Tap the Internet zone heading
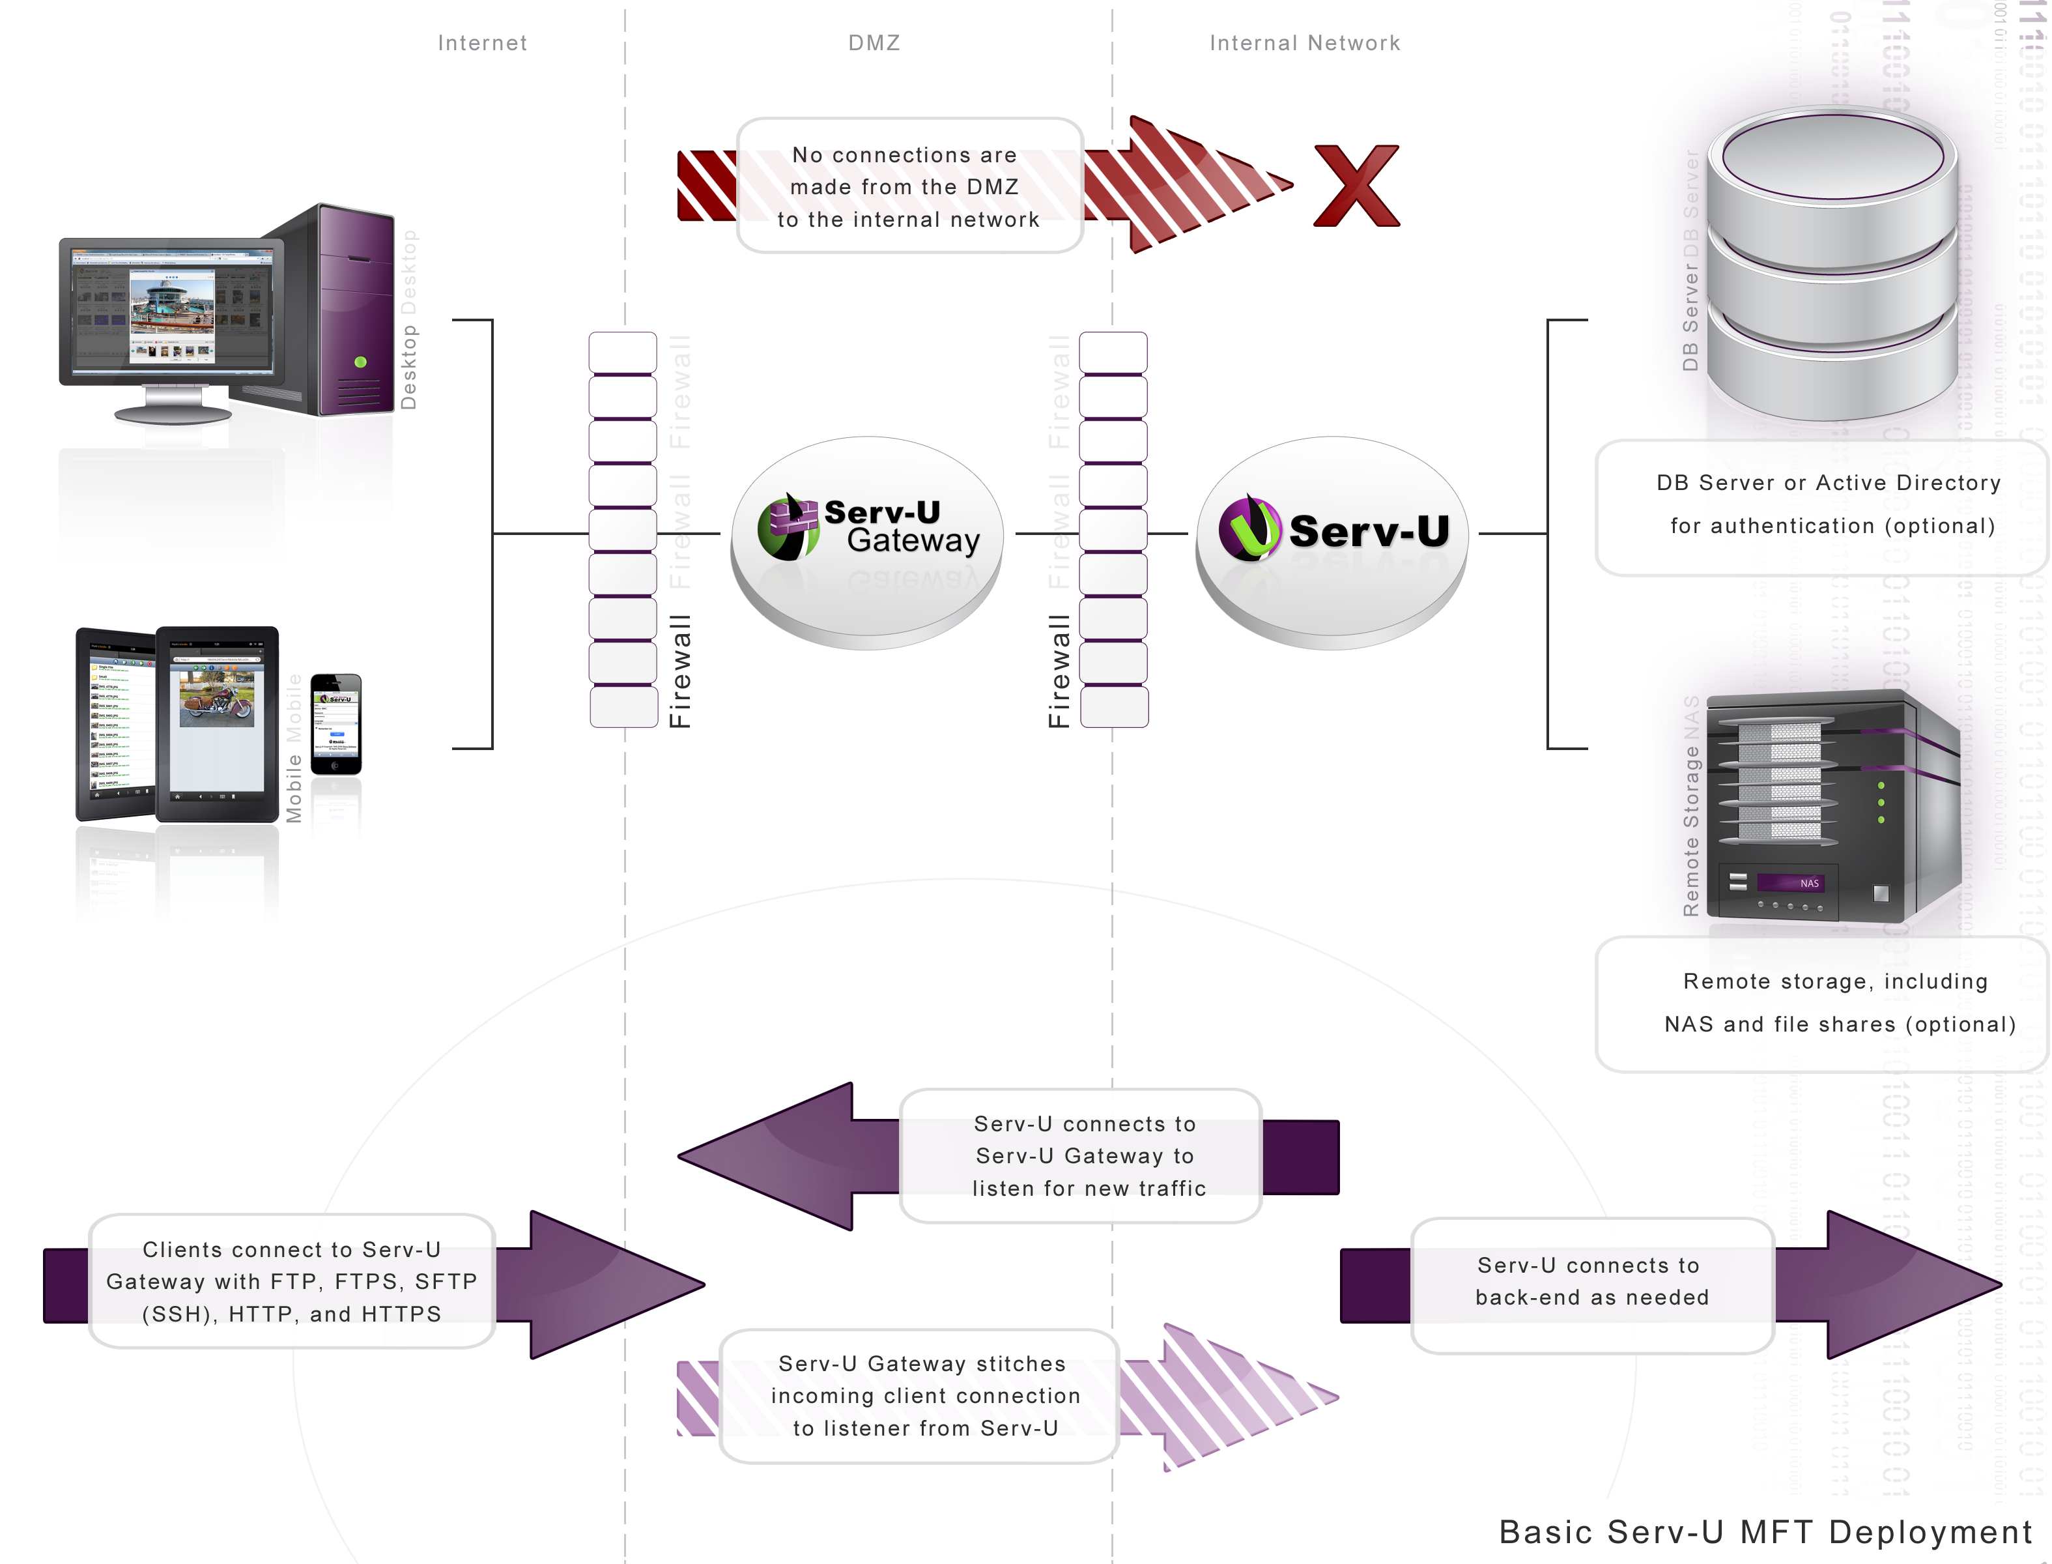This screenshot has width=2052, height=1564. click(482, 43)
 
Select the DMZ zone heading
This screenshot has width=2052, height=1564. click(874, 43)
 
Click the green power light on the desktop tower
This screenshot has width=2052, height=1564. click(361, 362)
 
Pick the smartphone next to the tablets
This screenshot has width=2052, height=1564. click(336, 723)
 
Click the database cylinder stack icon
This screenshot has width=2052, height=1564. click(1832, 265)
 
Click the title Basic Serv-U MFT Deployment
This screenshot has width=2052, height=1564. click(1765, 1531)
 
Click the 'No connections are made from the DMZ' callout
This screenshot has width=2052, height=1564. click(908, 186)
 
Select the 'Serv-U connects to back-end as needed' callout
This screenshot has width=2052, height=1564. click(1591, 1283)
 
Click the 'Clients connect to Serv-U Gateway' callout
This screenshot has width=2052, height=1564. click(291, 1282)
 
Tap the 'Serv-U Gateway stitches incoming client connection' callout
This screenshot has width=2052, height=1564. click(919, 1395)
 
